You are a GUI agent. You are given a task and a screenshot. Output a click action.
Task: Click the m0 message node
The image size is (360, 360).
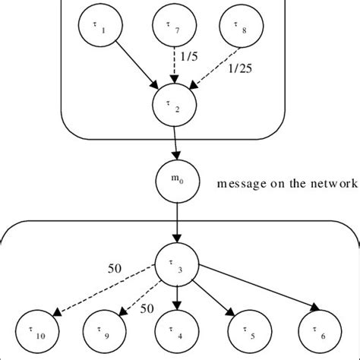(x=175, y=183)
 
